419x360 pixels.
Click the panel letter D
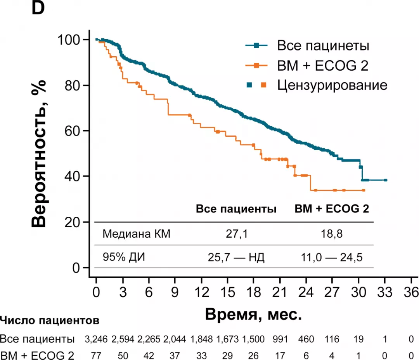(38, 9)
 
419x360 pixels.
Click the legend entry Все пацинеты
(323, 45)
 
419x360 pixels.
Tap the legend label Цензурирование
(332, 85)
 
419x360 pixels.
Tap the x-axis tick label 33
(385, 292)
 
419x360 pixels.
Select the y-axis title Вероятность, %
(40, 154)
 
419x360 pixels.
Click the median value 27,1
(236, 234)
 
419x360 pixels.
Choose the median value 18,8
(332, 234)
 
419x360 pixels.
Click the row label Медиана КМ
(136, 234)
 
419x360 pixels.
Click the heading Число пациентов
(50, 321)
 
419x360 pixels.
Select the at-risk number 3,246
(97, 339)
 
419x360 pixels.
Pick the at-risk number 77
(97, 355)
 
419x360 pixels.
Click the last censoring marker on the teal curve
(385, 180)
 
